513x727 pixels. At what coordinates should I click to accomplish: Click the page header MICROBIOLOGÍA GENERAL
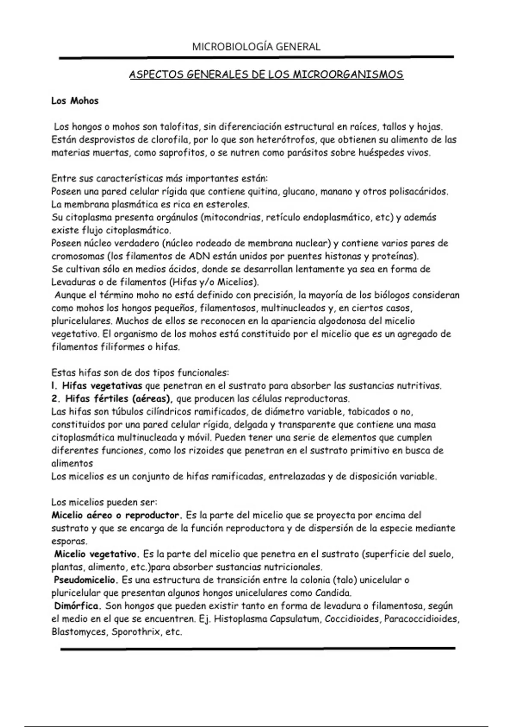pyautogui.click(x=256, y=47)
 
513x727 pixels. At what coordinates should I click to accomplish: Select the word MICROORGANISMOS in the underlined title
pyautogui.click(x=348, y=75)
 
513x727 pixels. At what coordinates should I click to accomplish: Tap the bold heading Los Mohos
pyautogui.click(x=75, y=101)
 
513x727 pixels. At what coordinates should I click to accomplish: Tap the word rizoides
pyautogui.click(x=189, y=451)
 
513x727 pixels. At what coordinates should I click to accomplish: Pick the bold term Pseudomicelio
pyautogui.click(x=85, y=580)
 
